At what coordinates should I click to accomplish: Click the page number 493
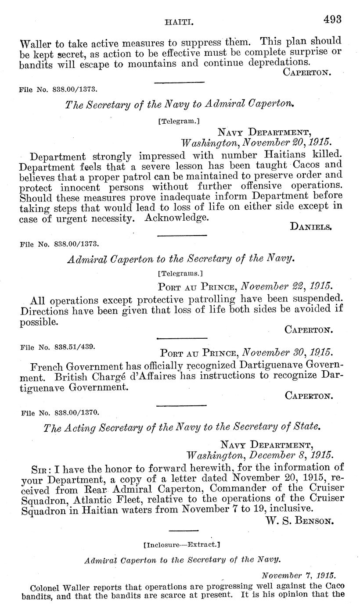[x=332, y=19]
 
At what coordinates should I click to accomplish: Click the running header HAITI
[x=176, y=21]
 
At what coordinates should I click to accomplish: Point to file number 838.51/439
[x=58, y=346]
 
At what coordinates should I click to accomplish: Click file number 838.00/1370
[x=59, y=412]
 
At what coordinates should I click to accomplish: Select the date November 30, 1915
[x=288, y=352]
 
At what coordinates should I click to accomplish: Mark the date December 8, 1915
[x=289, y=455]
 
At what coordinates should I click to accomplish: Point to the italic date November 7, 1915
[x=298, y=575]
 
